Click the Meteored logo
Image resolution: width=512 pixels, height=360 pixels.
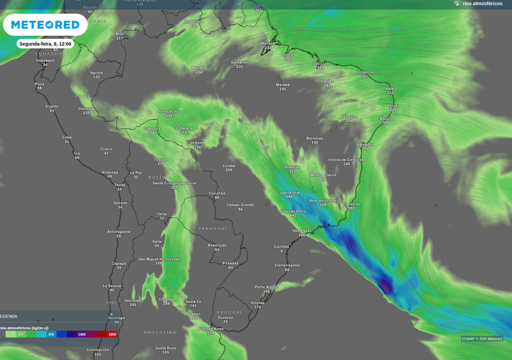click(45, 25)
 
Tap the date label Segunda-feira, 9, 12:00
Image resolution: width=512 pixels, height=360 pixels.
click(45, 44)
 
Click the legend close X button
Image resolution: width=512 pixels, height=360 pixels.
click(111, 314)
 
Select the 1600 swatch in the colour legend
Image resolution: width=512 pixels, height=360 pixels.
click(112, 334)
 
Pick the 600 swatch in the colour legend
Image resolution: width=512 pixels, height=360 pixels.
click(51, 334)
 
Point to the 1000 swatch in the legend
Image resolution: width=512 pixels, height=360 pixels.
click(81, 334)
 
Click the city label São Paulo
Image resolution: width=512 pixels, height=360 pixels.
click(302, 230)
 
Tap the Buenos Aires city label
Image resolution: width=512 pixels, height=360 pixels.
click(210, 328)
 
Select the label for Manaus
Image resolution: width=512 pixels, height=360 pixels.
click(199, 67)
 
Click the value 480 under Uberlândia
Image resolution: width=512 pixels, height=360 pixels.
click(289, 197)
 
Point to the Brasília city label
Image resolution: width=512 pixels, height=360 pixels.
click(292, 167)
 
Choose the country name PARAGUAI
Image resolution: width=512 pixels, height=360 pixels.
click(212, 228)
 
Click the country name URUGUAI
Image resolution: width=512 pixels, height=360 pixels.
click(229, 312)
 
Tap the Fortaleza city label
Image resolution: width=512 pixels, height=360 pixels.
click(364, 72)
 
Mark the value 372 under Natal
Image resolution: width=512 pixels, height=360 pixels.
click(390, 93)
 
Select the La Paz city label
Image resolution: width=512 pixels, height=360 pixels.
click(135, 172)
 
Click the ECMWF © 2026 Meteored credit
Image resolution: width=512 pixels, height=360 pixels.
click(482, 339)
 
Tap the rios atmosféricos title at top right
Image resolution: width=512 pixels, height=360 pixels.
click(482, 3)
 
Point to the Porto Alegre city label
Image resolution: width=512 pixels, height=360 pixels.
click(266, 287)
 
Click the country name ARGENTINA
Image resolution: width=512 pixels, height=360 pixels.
click(160, 332)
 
